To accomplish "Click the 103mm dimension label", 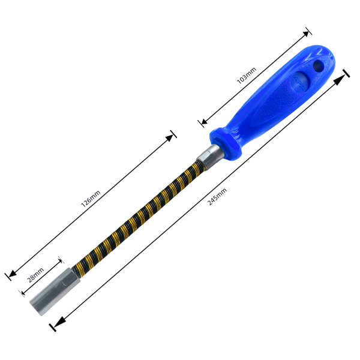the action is [247, 76].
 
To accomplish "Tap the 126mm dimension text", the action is [91, 199].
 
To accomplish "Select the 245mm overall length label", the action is [217, 197].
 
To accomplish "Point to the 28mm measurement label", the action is [35, 275].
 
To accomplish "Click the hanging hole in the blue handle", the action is [319, 65].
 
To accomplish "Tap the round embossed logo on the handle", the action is [299, 81].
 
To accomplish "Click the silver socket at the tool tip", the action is [55, 291].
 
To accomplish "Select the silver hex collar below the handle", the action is [210, 157].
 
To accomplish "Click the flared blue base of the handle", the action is [226, 143].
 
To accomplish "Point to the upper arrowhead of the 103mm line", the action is [306, 34].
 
